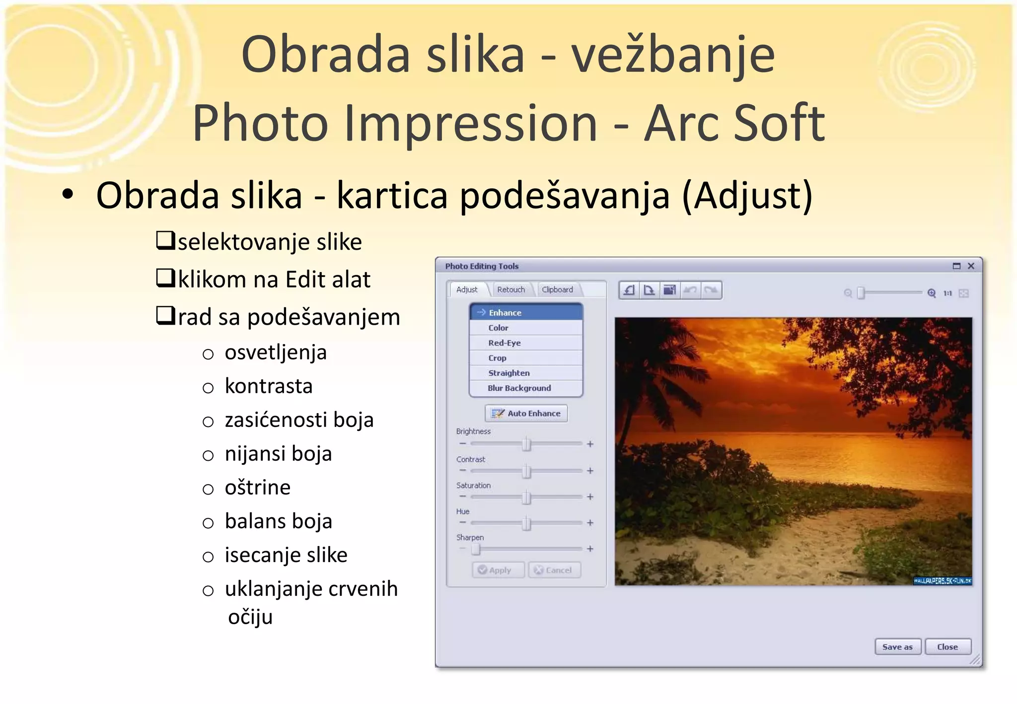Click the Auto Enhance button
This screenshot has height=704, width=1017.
click(526, 413)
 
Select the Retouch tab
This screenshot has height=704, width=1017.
click(510, 289)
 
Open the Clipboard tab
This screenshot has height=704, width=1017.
click(557, 289)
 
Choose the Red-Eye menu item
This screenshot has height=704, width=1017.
click(505, 343)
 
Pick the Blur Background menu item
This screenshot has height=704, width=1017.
click(519, 388)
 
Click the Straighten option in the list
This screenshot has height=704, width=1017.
click(508, 373)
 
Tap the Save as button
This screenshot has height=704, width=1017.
click(897, 647)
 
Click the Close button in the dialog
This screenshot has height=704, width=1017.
click(947, 647)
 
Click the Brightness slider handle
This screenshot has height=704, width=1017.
click(526, 444)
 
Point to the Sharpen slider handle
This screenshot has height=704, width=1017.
click(476, 549)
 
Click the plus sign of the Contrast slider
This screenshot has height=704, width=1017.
click(590, 470)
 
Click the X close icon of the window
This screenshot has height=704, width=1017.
click(971, 266)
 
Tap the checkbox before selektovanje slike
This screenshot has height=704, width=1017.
click(165, 240)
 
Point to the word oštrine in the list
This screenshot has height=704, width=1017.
click(257, 487)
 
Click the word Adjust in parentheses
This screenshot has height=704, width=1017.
click(747, 195)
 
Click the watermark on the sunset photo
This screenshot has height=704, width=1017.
click(942, 581)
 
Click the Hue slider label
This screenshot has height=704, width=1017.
click(462, 511)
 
